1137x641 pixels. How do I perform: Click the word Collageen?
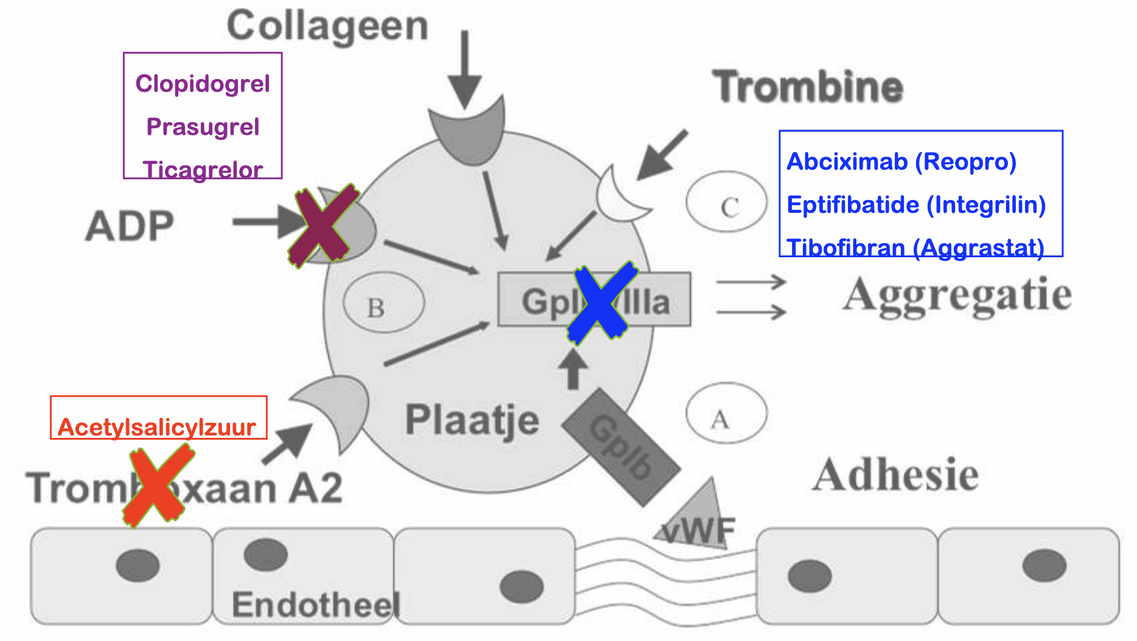pyautogui.click(x=327, y=27)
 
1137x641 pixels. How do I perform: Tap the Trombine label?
pyautogui.click(x=808, y=86)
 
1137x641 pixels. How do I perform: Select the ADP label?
pyautogui.click(x=130, y=226)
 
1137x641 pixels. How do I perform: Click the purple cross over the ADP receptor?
pyautogui.click(x=323, y=226)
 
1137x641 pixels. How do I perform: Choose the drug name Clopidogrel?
pyautogui.click(x=203, y=84)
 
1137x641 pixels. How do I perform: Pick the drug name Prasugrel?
pyautogui.click(x=203, y=127)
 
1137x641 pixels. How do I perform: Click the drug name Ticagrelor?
pyautogui.click(x=203, y=170)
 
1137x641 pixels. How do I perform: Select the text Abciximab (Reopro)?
pyautogui.click(x=901, y=162)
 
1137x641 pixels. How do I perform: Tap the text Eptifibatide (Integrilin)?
pyautogui.click(x=916, y=205)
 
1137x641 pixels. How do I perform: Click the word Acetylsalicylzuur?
pyautogui.click(x=157, y=427)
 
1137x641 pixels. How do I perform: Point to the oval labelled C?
pyautogui.click(x=727, y=202)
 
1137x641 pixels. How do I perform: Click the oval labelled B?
pyautogui.click(x=383, y=303)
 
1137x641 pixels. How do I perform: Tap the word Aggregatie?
pyautogui.click(x=957, y=296)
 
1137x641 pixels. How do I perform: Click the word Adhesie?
pyautogui.click(x=895, y=475)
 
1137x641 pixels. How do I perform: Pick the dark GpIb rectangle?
pyautogui.click(x=621, y=447)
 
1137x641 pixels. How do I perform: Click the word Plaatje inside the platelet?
pyautogui.click(x=472, y=420)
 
